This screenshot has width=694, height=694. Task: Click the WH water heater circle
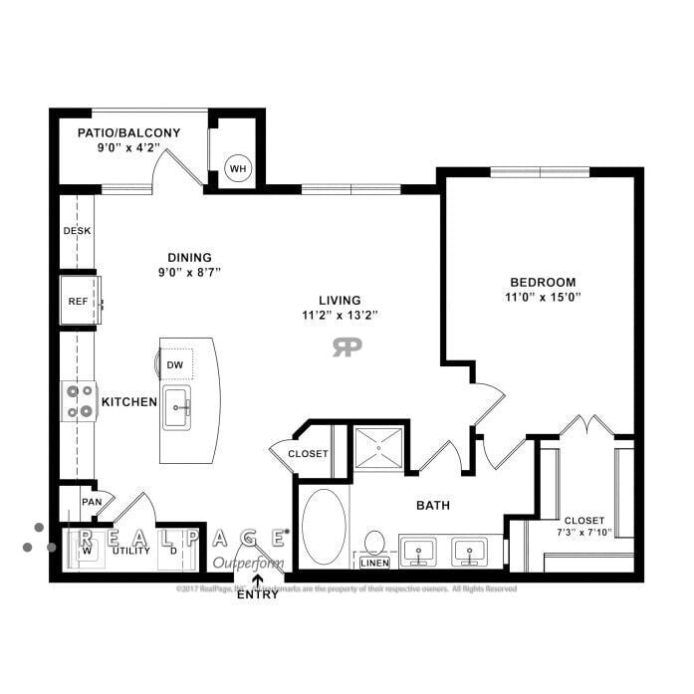pyautogui.click(x=238, y=168)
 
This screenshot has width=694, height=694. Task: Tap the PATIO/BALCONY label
pyautogui.click(x=128, y=132)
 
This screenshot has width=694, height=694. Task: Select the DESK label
pyautogui.click(x=77, y=231)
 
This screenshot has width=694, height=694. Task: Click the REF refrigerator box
pyautogui.click(x=79, y=301)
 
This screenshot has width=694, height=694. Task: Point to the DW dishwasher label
pyautogui.click(x=174, y=364)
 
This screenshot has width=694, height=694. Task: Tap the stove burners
pyautogui.click(x=79, y=400)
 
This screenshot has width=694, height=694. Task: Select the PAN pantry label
pyautogui.click(x=92, y=502)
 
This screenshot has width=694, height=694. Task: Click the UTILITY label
pyautogui.click(x=130, y=550)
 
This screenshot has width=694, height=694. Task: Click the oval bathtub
pyautogui.click(x=323, y=527)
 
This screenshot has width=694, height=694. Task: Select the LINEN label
pyautogui.click(x=374, y=564)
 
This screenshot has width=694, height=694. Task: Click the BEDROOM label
pyautogui.click(x=543, y=282)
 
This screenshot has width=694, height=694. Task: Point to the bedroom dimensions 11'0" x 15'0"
pyautogui.click(x=543, y=297)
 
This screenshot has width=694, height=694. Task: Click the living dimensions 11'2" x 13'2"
pyautogui.click(x=340, y=316)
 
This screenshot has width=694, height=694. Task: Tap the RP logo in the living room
pyautogui.click(x=347, y=347)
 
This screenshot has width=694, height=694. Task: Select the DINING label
pyautogui.click(x=189, y=257)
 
